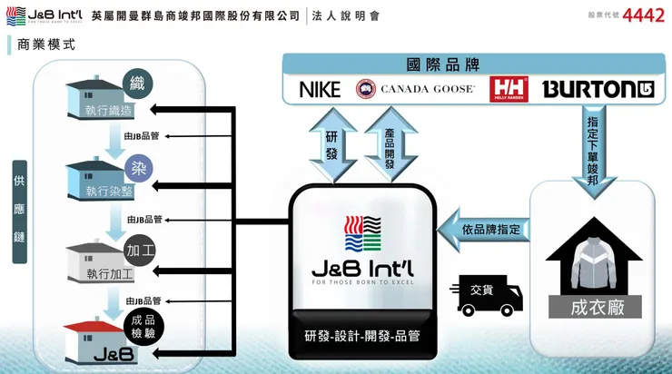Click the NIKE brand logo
point(320,89)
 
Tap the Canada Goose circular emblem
point(367,89)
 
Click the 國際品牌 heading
point(442,65)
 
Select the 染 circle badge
point(138,169)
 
